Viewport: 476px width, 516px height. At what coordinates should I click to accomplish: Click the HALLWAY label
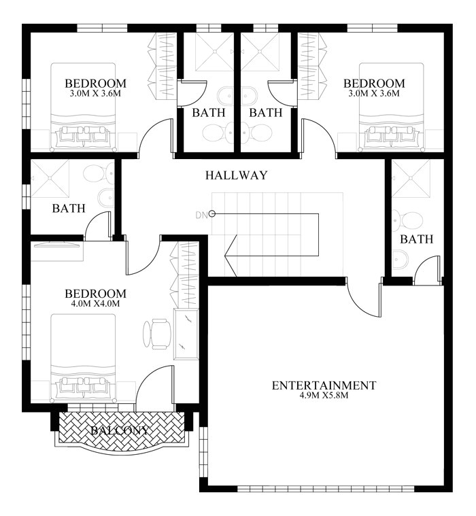pyautogui.click(x=236, y=175)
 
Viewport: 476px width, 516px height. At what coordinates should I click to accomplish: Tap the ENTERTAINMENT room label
pyautogui.click(x=324, y=385)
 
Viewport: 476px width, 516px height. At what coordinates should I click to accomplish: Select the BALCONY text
pyautogui.click(x=120, y=430)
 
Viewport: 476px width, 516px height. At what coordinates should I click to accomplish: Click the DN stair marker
pyautogui.click(x=203, y=215)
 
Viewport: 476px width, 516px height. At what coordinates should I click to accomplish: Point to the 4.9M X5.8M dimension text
pyautogui.click(x=324, y=396)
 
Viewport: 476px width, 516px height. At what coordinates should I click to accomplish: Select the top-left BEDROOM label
pyautogui.click(x=96, y=84)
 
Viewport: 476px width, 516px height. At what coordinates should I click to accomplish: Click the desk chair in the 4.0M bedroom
pyautogui.click(x=156, y=333)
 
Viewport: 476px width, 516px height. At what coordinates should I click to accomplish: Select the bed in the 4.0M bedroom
pyautogui.click(x=83, y=360)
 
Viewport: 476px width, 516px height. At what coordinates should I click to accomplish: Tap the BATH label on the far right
pyautogui.click(x=416, y=239)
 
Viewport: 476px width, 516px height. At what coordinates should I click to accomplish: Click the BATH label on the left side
pyautogui.click(x=69, y=208)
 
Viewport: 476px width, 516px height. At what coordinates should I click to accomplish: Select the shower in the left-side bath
pyautogui.click(x=50, y=179)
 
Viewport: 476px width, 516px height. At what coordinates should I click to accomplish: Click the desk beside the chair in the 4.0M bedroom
pyautogui.click(x=185, y=334)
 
